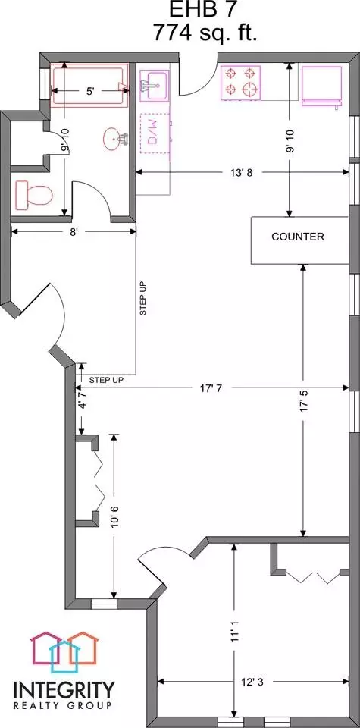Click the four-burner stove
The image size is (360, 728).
241,82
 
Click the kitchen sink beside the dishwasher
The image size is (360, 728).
154,85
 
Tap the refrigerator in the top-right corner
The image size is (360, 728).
322,86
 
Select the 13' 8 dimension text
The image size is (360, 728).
242,173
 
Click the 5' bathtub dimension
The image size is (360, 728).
90,92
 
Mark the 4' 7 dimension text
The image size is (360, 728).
82,400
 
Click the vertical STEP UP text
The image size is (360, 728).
143,298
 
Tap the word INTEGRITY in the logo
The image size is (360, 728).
64,690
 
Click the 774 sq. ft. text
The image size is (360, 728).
205,33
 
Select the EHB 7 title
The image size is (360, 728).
205,10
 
